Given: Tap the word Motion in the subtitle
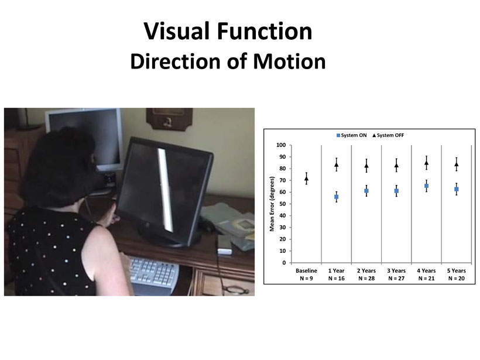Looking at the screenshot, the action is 289,61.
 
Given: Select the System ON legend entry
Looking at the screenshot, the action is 351,135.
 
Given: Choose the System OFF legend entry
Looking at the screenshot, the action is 388,135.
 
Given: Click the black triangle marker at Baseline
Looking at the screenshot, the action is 306,179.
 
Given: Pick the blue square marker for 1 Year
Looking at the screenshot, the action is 337,197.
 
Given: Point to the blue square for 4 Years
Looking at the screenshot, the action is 426,186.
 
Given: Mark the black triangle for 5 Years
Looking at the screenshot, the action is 457,164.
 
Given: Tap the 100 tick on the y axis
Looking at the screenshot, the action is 281,145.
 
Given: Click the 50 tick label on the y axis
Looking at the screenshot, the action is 282,204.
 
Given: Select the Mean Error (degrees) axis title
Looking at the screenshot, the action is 272,204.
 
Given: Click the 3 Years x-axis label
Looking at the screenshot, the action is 396,271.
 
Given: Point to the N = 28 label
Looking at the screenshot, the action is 366,279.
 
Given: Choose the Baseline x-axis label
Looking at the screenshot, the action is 306,271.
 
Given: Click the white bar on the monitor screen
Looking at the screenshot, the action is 165,190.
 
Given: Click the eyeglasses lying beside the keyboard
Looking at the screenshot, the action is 235,289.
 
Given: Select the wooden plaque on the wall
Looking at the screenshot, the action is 169,119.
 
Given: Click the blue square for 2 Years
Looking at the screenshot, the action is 366,191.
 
